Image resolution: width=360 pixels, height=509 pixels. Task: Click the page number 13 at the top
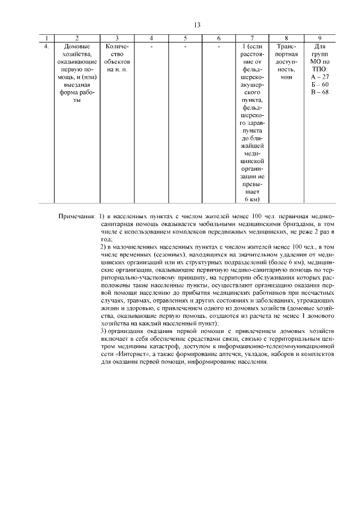click(x=197, y=25)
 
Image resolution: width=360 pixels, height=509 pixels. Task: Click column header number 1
click(x=46, y=38)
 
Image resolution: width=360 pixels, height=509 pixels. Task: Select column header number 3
click(x=116, y=38)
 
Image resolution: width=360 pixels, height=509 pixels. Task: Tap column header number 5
click(x=185, y=38)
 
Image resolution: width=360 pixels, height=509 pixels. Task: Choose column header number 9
click(x=319, y=38)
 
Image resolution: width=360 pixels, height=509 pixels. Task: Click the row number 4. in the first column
click(x=46, y=46)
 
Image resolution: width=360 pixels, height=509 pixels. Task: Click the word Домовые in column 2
click(x=76, y=46)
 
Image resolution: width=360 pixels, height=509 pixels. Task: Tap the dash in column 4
click(x=151, y=46)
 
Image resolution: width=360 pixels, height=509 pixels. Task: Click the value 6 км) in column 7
click(x=251, y=199)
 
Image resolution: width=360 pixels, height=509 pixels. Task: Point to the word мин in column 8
click(x=286, y=76)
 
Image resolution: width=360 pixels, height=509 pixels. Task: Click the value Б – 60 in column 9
click(x=319, y=84)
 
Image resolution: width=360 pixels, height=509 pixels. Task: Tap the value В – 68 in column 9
click(x=319, y=92)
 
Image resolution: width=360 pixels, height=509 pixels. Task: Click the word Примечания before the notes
click(x=77, y=217)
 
